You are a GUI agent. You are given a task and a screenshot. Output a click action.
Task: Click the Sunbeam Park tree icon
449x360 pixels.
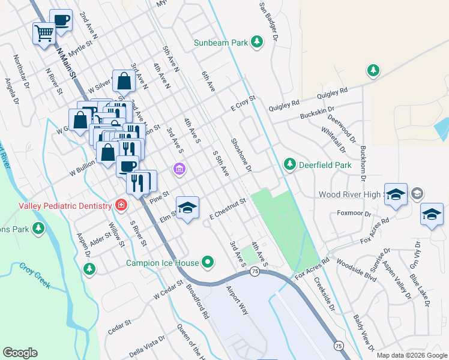[x=257, y=42]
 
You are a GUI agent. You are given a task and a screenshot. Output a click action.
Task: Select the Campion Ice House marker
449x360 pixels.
[x=208, y=262]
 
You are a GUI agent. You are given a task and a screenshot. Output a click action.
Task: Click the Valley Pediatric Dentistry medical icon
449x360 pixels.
[x=121, y=205]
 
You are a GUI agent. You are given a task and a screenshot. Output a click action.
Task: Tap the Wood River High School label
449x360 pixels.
[x=351, y=194]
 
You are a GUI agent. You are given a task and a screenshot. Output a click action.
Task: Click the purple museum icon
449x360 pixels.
[x=178, y=170]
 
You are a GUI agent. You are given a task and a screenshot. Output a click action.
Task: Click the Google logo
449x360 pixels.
[x=20, y=353]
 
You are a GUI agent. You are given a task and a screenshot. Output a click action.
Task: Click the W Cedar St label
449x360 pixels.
[x=167, y=291]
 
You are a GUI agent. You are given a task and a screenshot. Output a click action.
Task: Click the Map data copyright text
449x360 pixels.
[x=411, y=355]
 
